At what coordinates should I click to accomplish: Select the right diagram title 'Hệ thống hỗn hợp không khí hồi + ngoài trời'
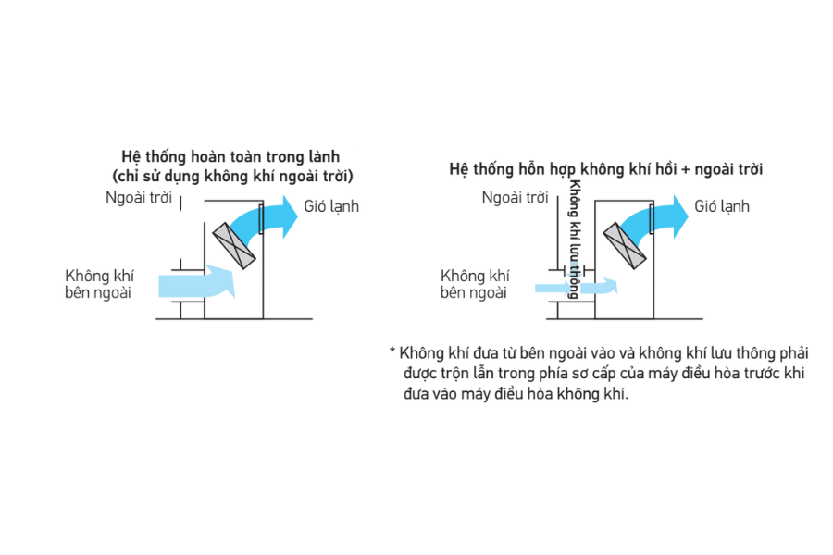605,170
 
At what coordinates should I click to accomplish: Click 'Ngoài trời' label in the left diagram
139,198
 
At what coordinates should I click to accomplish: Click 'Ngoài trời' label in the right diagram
514,197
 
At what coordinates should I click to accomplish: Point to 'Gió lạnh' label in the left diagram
331,206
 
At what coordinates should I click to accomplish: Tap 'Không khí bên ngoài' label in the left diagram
98,284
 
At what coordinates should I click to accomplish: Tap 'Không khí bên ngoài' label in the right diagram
474,284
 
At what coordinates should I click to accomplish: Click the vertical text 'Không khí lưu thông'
575,239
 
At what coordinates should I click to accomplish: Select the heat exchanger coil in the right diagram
626,247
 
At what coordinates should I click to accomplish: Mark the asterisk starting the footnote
392,352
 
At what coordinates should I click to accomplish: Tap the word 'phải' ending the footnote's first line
794,353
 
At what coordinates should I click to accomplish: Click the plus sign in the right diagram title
683,170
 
